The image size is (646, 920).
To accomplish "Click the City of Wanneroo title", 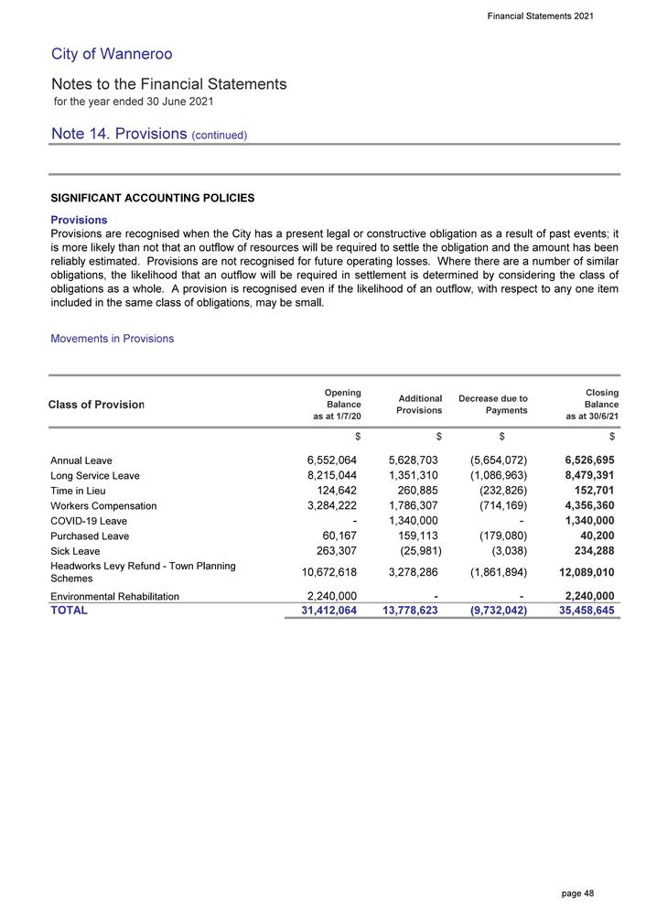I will (112, 54).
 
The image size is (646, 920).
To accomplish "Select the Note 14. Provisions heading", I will (149, 134).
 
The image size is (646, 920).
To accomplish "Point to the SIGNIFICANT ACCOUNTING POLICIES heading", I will (153, 198).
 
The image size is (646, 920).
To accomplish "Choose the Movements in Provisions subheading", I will (112, 339).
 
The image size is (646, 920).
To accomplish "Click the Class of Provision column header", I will (97, 406).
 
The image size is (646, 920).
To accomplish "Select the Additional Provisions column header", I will (419, 405).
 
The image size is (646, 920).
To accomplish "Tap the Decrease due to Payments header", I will (493, 405).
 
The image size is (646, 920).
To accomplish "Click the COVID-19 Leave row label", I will (89, 521).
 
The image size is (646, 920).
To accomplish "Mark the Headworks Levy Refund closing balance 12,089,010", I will (574, 572).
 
